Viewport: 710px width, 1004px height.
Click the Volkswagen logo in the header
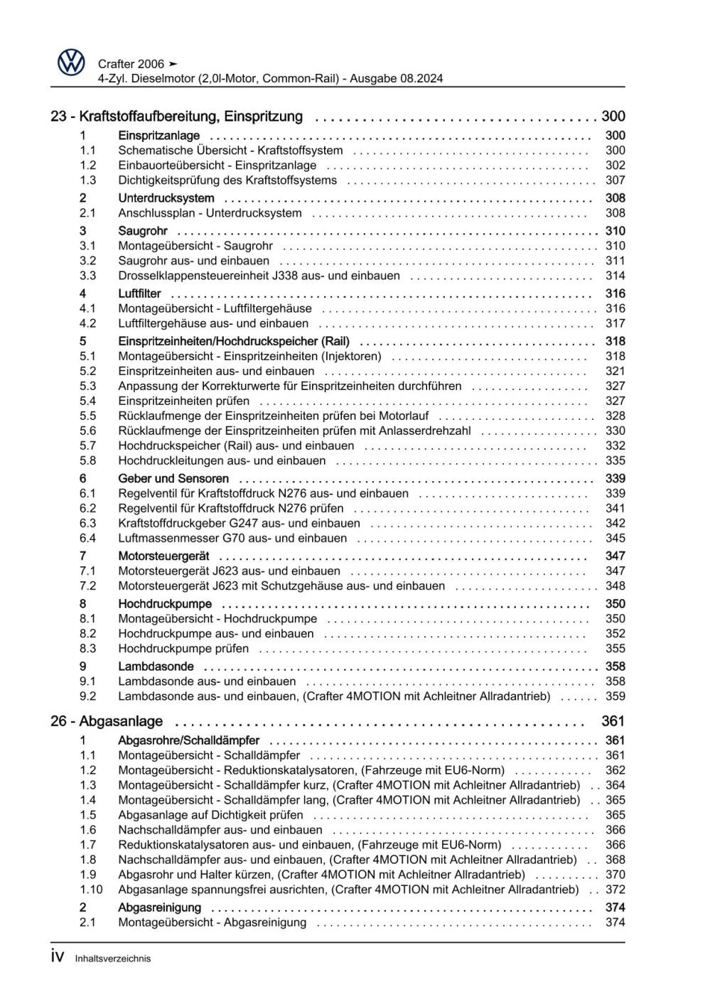click(x=71, y=63)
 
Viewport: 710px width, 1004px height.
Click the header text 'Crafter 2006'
click(x=131, y=64)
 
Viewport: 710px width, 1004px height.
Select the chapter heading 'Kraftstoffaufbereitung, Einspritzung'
click(x=190, y=117)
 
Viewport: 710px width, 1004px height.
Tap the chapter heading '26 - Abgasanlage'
click(x=107, y=721)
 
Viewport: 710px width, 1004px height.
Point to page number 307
click(x=615, y=180)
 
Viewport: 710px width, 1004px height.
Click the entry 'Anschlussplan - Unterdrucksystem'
click(x=210, y=213)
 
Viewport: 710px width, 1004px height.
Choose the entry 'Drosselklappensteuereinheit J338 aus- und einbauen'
click(x=259, y=276)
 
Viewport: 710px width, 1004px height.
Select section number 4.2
click(x=87, y=323)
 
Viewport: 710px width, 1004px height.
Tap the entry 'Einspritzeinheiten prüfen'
click(x=184, y=401)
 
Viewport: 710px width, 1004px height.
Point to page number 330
click(x=615, y=431)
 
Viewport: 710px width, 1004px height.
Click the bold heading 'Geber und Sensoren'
click(x=173, y=479)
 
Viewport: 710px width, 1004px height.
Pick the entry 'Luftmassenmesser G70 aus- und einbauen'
click(x=232, y=539)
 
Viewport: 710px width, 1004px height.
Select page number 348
click(x=615, y=586)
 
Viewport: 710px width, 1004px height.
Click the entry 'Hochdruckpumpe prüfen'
click(x=183, y=649)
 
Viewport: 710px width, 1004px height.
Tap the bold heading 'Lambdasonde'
click(x=156, y=666)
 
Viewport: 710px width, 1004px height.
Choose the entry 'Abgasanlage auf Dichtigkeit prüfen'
click(x=210, y=815)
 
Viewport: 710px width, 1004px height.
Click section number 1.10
click(x=91, y=890)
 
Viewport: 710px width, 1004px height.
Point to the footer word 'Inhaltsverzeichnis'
click(x=113, y=959)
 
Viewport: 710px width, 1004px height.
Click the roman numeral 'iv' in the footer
click(x=58, y=957)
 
